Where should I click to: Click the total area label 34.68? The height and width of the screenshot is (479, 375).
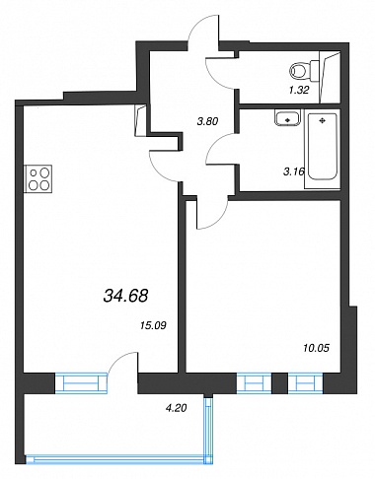[125, 296]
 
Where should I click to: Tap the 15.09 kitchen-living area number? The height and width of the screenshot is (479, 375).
[153, 325]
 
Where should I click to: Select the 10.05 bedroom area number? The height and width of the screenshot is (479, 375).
[316, 348]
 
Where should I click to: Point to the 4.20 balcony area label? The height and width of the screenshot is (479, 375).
[176, 408]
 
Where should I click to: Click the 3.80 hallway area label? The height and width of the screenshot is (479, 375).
[207, 121]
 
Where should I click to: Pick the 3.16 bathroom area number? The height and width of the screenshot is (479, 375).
[294, 171]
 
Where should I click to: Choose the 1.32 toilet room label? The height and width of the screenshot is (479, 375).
[299, 90]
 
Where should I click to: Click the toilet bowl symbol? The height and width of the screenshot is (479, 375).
[304, 71]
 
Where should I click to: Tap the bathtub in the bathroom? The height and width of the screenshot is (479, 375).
[322, 151]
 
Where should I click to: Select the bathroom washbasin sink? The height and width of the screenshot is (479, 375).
[287, 117]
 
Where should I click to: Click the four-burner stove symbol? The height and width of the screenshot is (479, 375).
[37, 178]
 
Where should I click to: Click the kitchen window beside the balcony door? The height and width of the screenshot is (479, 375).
[82, 382]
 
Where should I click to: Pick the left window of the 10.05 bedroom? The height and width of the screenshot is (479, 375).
[254, 383]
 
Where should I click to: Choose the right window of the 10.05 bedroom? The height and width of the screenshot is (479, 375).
[306, 383]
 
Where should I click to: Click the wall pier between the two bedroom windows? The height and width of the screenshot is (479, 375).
[280, 383]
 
